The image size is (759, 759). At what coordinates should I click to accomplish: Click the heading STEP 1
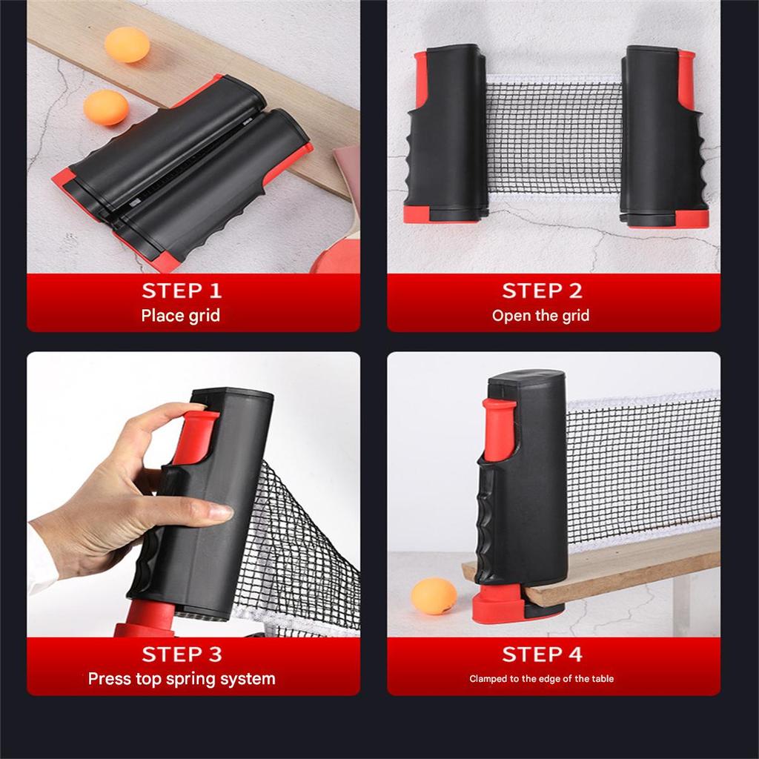click(182, 291)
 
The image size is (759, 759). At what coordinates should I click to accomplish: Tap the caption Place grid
click(181, 316)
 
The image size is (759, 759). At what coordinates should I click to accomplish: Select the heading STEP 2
click(542, 291)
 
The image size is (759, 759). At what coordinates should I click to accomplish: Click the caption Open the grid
click(541, 316)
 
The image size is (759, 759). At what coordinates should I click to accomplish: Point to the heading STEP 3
click(182, 654)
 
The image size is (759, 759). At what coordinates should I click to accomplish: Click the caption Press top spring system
click(182, 678)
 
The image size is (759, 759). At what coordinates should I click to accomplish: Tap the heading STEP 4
click(542, 654)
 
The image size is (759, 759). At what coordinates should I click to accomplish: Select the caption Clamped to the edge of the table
click(541, 678)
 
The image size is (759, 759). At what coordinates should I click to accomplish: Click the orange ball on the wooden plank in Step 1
click(127, 44)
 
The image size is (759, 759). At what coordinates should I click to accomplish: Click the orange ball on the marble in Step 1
click(106, 107)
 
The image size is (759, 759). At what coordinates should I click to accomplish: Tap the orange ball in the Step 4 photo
click(434, 596)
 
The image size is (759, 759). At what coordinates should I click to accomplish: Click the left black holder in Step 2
click(445, 137)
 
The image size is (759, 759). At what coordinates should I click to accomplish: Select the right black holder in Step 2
click(663, 137)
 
